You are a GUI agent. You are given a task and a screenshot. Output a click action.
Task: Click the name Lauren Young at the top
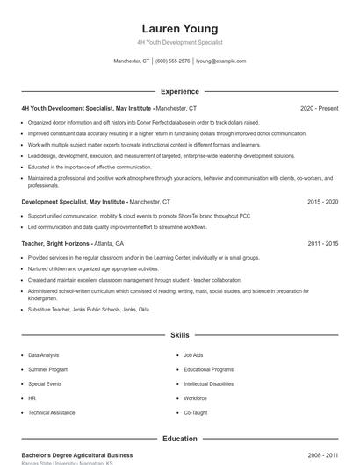click(x=180, y=29)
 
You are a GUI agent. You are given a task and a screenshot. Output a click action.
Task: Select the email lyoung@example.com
click(x=220, y=61)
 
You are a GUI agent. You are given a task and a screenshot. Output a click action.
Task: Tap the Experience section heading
click(x=180, y=91)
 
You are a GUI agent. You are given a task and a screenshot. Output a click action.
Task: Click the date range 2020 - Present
click(x=319, y=109)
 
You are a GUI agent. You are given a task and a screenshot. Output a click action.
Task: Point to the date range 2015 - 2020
click(x=322, y=202)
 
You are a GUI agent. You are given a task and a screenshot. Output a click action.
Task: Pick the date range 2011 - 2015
click(x=322, y=243)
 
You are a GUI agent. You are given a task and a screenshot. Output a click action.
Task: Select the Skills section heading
click(x=180, y=335)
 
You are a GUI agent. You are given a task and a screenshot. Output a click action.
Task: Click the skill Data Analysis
click(x=44, y=355)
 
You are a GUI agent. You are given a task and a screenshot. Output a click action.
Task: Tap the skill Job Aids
click(x=193, y=355)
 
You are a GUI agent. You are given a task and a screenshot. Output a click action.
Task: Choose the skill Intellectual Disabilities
click(x=209, y=384)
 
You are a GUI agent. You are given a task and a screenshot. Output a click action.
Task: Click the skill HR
click(x=32, y=398)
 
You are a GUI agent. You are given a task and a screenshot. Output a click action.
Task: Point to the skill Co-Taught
click(x=195, y=412)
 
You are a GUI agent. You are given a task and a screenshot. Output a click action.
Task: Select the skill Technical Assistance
click(x=51, y=412)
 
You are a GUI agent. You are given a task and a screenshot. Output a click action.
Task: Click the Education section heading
click(x=180, y=439)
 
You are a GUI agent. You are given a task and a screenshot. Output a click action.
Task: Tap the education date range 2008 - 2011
click(x=322, y=455)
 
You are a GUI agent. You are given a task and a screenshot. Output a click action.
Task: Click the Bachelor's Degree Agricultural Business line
click(x=77, y=455)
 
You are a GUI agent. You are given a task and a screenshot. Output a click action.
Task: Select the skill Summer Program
click(x=47, y=369)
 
